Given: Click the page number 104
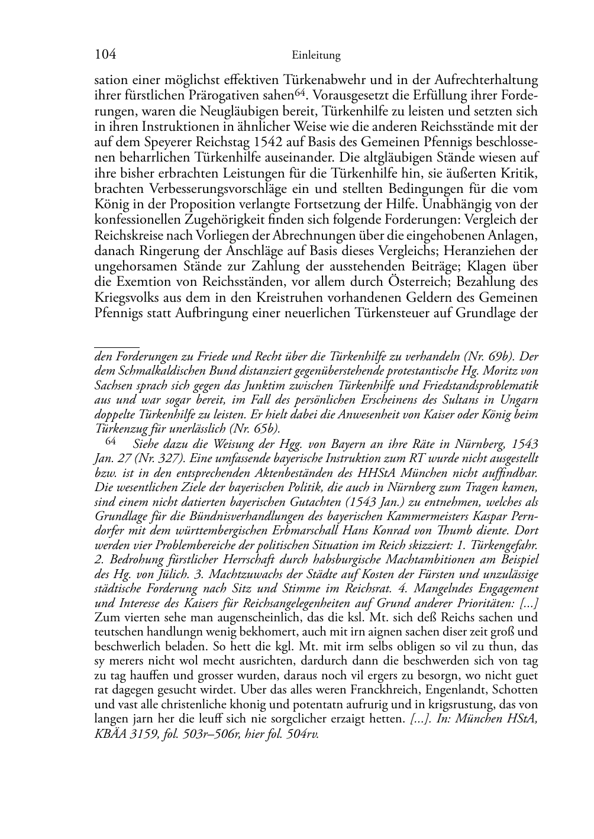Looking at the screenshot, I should click(105, 55).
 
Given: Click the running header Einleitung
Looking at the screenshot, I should click(317, 56).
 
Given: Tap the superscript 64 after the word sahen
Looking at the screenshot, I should click(299, 92).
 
